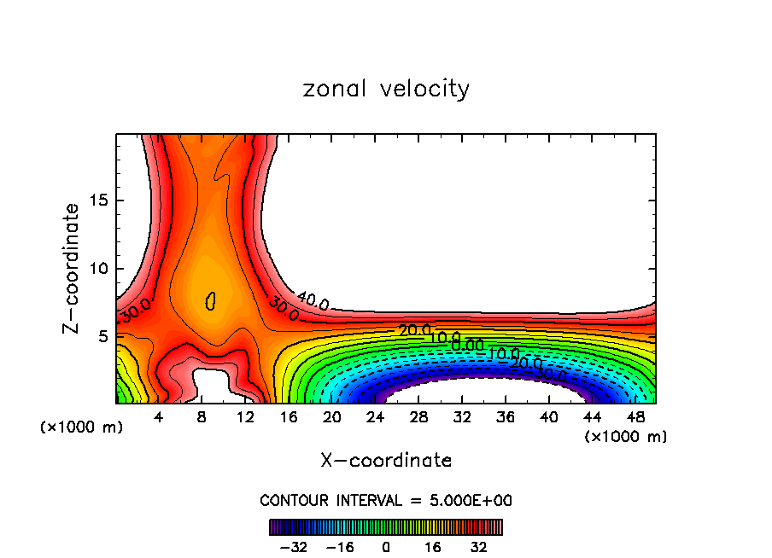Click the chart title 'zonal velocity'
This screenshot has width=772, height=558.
pyautogui.click(x=386, y=89)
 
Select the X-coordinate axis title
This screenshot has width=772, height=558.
pyautogui.click(x=386, y=461)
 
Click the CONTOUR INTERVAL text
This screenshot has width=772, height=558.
pyautogui.click(x=386, y=500)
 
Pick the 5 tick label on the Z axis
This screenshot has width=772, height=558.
pyautogui.click(x=100, y=336)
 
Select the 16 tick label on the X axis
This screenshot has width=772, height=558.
pyautogui.click(x=288, y=416)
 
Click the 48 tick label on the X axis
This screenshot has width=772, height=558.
pyautogui.click(x=635, y=416)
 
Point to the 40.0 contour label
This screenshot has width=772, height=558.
pyautogui.click(x=313, y=300)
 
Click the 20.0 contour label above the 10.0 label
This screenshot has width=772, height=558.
pyautogui.click(x=415, y=330)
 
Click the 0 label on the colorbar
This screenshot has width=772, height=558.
pyautogui.click(x=386, y=546)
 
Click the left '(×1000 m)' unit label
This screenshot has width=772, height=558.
pyautogui.click(x=82, y=427)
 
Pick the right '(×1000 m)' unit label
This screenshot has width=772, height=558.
pyautogui.click(x=625, y=436)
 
